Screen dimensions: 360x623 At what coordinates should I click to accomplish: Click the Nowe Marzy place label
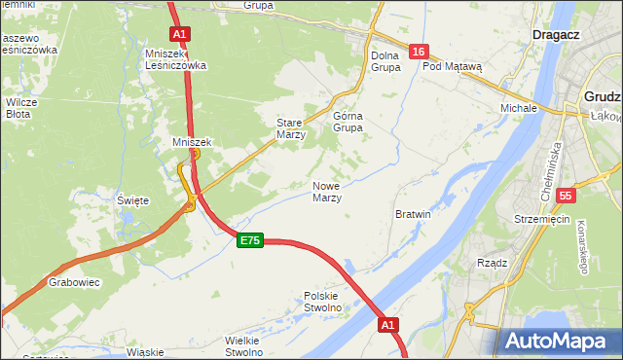coord(326,192)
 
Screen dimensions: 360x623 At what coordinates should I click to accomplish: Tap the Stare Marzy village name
coord(291,129)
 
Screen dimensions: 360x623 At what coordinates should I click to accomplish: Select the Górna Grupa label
coord(348,121)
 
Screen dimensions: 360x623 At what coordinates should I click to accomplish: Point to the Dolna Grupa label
coord(386,62)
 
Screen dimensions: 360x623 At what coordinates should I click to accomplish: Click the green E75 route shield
coord(249,240)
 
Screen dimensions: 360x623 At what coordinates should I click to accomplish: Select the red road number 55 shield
coord(566,196)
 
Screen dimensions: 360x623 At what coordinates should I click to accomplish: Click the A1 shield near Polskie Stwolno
coord(388,324)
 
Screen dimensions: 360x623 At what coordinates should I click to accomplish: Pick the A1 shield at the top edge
coord(179,33)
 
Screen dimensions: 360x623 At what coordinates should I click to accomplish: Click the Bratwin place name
coord(413,213)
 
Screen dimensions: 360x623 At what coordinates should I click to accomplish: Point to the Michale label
coord(519,107)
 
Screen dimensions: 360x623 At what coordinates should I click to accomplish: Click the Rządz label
coord(493,262)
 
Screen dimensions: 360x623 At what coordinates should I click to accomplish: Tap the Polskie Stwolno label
coord(323,302)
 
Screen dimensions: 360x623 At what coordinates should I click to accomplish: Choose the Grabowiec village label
coord(71,283)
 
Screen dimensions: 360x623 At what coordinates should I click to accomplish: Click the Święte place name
coord(132,200)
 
